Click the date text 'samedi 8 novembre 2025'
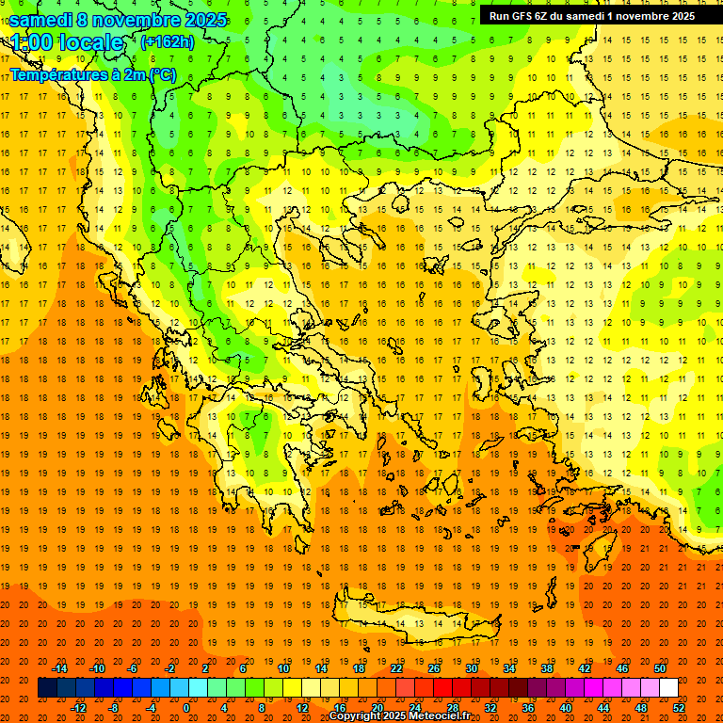point(118,20)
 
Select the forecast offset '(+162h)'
point(167,41)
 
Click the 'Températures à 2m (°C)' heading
point(92,74)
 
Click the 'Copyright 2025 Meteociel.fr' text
point(399,715)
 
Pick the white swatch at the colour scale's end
point(668,688)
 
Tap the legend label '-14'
point(60,668)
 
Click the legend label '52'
point(680,708)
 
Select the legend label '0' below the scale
point(185,708)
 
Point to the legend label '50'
point(660,668)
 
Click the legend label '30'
point(471,668)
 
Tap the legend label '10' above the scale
point(282,668)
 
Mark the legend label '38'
point(546,668)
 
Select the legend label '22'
point(395,668)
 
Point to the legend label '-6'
point(133,668)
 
